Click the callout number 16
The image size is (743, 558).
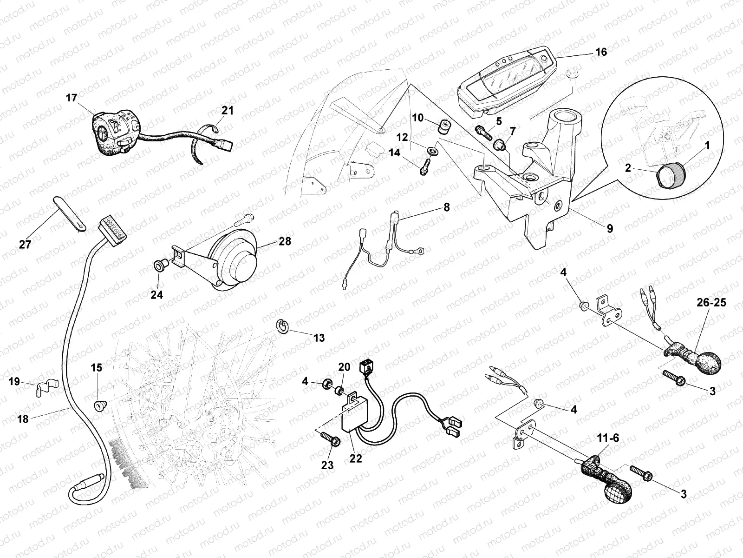click(601, 52)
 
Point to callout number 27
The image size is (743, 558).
click(25, 244)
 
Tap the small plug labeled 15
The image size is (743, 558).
click(99, 405)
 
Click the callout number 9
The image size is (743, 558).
click(609, 228)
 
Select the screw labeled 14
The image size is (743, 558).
click(426, 166)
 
